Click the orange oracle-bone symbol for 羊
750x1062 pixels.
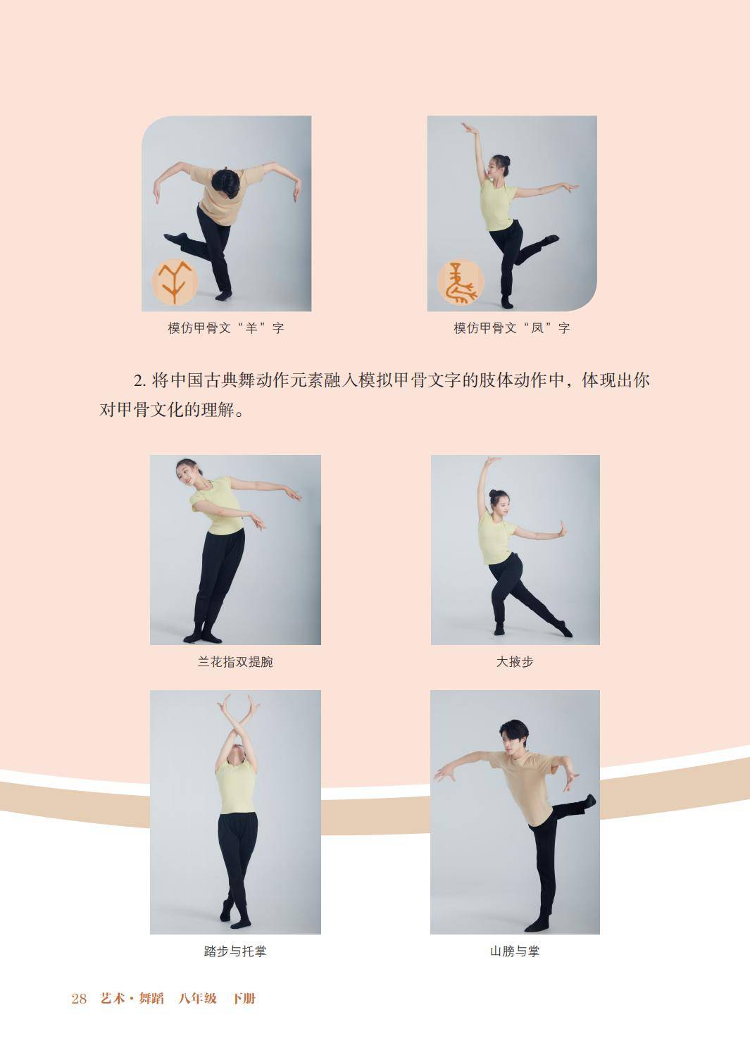(x=175, y=282)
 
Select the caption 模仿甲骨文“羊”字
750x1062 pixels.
(x=226, y=327)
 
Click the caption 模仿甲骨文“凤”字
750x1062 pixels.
(x=512, y=327)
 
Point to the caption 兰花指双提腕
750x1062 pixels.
(x=235, y=662)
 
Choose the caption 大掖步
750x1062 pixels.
(x=515, y=662)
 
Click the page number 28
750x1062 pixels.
(x=79, y=999)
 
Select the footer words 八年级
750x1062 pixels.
(x=198, y=999)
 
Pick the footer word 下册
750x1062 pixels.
(x=243, y=999)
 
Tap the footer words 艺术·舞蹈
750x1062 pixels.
(x=132, y=999)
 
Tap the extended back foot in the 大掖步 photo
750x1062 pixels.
(x=565, y=630)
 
